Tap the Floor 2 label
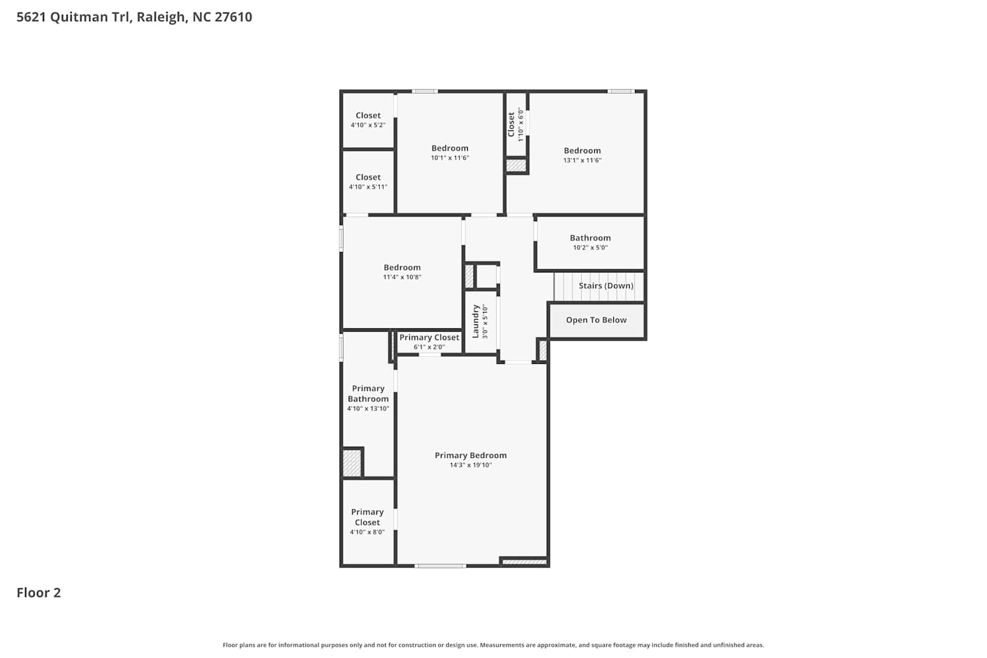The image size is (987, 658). point(39,593)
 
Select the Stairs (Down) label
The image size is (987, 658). point(606,286)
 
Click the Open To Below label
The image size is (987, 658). point(596,320)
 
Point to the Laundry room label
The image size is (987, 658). point(476,321)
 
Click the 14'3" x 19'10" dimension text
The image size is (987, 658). point(470,465)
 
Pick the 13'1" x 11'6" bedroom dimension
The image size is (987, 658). point(582,161)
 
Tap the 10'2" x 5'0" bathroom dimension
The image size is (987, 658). point(590,247)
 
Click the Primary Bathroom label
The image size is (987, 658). point(368,393)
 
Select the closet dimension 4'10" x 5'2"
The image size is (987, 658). point(368,125)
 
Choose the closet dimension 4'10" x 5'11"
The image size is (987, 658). point(368,187)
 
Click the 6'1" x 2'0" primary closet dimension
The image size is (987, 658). point(429,347)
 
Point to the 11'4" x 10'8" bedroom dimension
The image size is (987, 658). point(402,277)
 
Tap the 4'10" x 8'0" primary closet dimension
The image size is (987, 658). point(367,532)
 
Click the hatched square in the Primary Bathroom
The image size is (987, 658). point(352,463)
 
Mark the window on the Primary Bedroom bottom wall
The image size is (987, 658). point(440,566)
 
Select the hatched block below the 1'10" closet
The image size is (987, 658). point(516,166)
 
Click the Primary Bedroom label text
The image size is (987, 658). point(470,455)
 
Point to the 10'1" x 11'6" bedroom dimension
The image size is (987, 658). point(450,158)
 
